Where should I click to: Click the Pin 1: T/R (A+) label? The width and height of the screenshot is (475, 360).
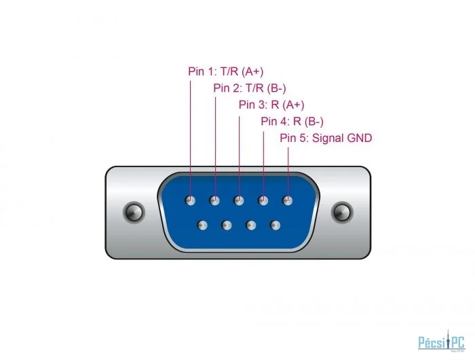click(x=226, y=71)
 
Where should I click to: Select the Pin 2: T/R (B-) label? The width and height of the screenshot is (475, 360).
click(x=250, y=88)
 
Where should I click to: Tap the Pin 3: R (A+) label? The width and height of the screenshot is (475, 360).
click(x=271, y=105)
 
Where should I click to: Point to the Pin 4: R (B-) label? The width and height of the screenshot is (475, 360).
click(x=292, y=122)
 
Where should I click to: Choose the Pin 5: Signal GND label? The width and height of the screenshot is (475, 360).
click(x=326, y=138)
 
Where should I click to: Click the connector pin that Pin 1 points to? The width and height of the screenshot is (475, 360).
click(x=190, y=200)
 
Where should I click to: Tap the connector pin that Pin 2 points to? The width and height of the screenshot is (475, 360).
click(x=215, y=200)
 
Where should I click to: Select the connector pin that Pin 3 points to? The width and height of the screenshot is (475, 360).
click(x=239, y=200)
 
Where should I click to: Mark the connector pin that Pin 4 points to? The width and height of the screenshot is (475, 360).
click(x=263, y=200)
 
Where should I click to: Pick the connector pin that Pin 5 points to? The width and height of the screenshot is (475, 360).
click(x=288, y=200)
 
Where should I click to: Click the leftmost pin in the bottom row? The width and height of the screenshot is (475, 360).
click(x=202, y=226)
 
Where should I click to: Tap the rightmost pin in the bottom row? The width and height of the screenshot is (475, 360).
click(x=275, y=226)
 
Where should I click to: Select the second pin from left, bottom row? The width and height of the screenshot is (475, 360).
click(x=227, y=226)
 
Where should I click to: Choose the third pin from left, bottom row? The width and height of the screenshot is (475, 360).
click(x=251, y=226)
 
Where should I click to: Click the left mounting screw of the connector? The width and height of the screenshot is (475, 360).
click(x=134, y=212)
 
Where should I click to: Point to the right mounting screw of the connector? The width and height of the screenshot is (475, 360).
click(x=342, y=212)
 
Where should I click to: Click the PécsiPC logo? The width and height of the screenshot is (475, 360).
click(x=441, y=341)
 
